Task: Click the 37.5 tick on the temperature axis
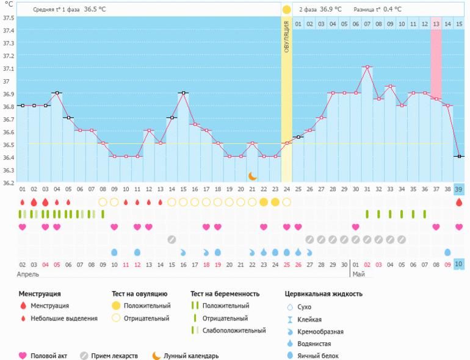(8, 17)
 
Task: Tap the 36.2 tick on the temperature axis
(8, 182)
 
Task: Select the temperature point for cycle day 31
(367, 67)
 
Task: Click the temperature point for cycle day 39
(458, 156)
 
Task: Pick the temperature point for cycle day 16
(183, 93)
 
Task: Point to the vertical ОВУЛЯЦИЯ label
(286, 37)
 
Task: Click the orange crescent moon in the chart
(252, 176)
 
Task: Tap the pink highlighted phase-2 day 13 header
(435, 24)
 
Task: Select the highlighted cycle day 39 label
(458, 190)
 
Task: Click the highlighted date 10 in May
(458, 264)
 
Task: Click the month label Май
(359, 275)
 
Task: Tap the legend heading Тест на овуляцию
(139, 293)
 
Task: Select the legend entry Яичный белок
(318, 355)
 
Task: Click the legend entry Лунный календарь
(190, 356)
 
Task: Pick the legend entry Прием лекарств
(114, 356)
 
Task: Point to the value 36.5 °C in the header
(95, 9)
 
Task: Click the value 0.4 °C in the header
(392, 9)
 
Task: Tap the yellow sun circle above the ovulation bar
(286, 10)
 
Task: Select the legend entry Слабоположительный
(234, 330)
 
